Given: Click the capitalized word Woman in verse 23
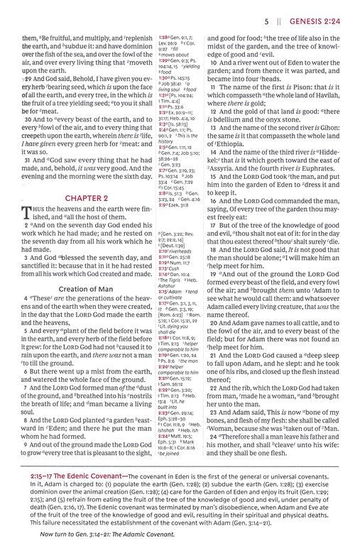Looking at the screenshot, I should (224, 408).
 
